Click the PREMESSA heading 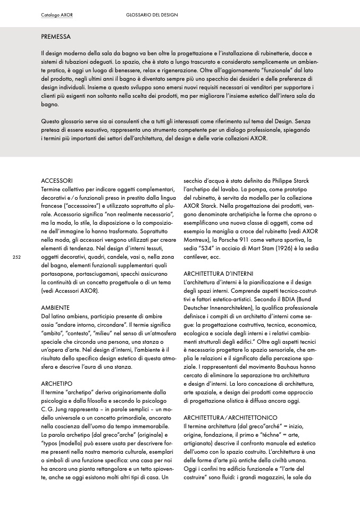pos(56,37)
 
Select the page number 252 pos(16,257)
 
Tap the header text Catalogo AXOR pos(57,15)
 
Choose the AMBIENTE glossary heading pos(55,308)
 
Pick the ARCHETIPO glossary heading pos(57,383)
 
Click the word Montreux pos(198,240)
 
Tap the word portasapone pos(58,274)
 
